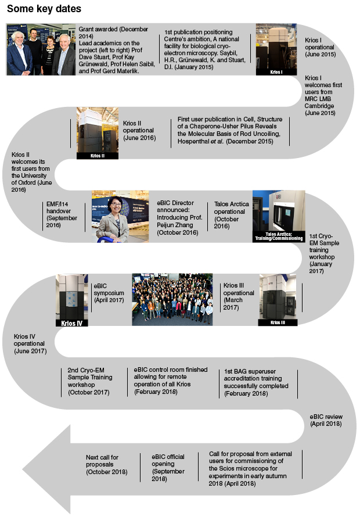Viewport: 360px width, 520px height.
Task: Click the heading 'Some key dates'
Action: pos(44,10)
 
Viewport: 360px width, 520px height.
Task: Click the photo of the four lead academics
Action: pos(41,49)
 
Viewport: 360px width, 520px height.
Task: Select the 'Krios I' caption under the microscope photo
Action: pos(276,72)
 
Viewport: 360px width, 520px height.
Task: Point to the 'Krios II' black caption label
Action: pos(97,156)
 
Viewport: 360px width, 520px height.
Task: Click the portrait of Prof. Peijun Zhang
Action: pos(112,216)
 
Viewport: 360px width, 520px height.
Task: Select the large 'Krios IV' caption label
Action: pos(71,322)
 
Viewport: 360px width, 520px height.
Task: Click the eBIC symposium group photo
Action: pos(172,299)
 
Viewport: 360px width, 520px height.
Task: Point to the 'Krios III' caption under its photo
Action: pos(278,322)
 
